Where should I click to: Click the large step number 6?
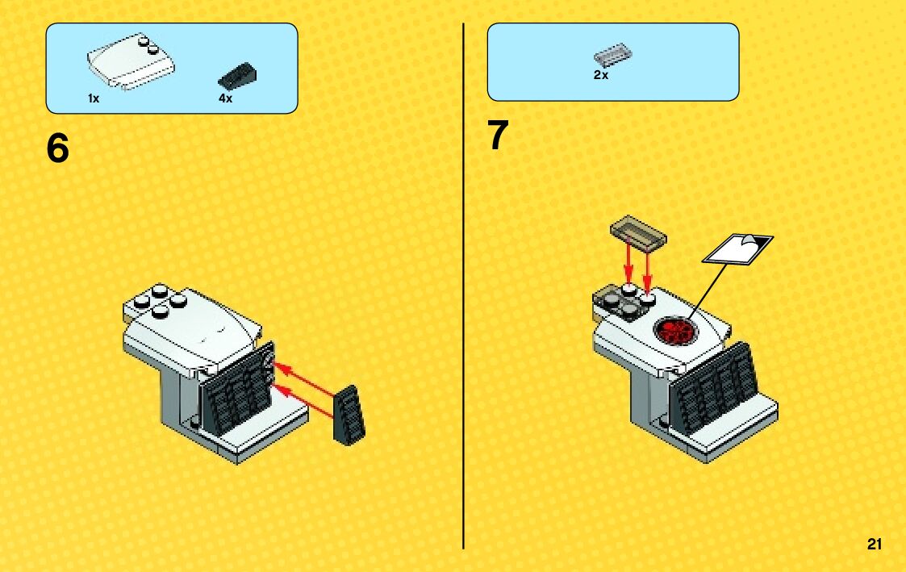[x=58, y=148]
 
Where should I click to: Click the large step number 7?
[x=498, y=136]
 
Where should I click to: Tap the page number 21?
[x=875, y=544]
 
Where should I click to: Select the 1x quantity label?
[x=94, y=98]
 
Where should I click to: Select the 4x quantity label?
[x=225, y=98]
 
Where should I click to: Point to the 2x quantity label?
[x=601, y=75]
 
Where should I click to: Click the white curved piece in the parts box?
[x=132, y=61]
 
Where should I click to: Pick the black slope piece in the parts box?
[x=237, y=76]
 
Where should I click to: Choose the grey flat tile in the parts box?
[x=612, y=55]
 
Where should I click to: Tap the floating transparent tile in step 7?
[x=638, y=232]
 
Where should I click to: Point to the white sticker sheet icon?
[x=738, y=249]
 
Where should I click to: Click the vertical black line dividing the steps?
[x=463, y=286]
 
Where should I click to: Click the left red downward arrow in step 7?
[x=628, y=264]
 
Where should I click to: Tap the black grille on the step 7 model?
[x=716, y=388]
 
